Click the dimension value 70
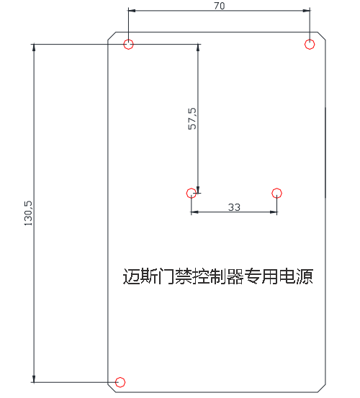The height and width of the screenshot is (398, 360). [220, 6]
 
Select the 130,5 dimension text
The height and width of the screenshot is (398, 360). [28, 213]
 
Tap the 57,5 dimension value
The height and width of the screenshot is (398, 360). [192, 119]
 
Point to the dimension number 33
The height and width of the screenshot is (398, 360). [234, 207]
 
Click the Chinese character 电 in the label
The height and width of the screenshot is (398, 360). [287, 276]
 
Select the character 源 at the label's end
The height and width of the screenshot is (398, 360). [304, 276]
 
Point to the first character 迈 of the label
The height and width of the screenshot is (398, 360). [131, 276]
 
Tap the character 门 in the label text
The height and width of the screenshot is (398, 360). [166, 276]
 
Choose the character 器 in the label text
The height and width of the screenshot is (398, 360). [235, 276]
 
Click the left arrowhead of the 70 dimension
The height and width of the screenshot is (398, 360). [132, 11]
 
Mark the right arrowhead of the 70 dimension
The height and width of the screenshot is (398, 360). [306, 11]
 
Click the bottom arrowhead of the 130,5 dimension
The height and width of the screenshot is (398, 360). [34, 379]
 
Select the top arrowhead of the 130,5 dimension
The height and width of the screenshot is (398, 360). [34, 48]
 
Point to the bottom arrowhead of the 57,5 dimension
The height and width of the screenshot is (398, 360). [198, 189]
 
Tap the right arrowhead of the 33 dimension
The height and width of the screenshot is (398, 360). [273, 212]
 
